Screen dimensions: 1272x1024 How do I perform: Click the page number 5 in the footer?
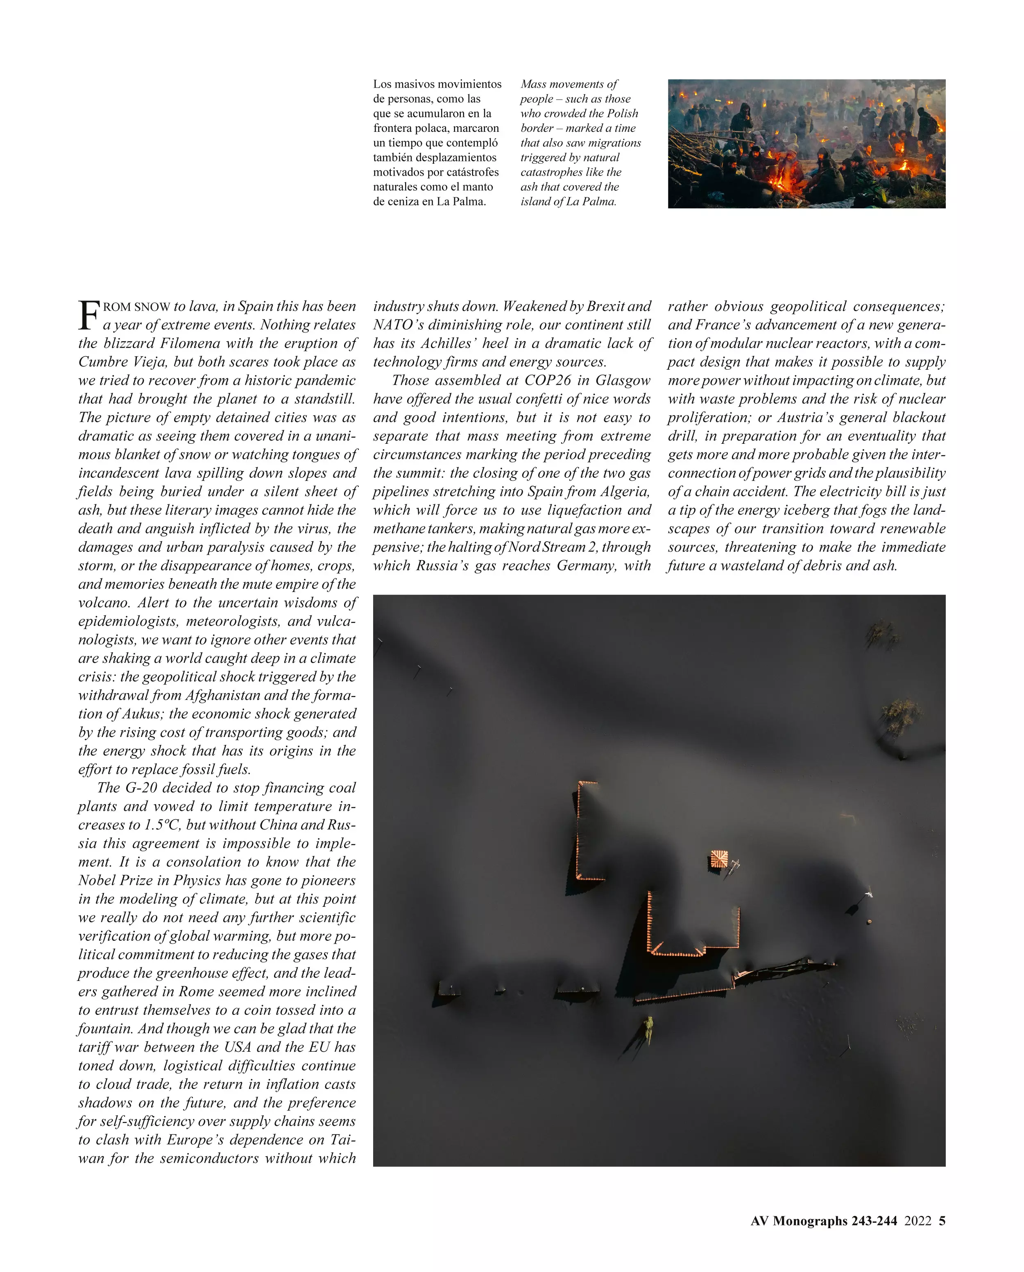click(x=942, y=1221)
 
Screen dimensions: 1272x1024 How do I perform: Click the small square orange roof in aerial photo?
click(x=719, y=859)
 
